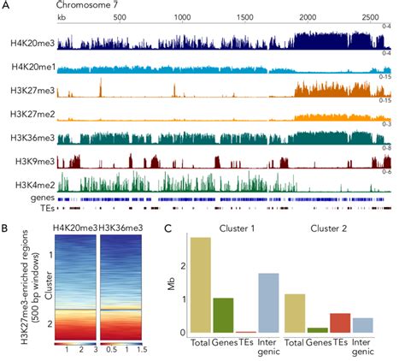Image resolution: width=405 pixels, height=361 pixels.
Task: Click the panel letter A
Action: pyautogui.click(x=6, y=6)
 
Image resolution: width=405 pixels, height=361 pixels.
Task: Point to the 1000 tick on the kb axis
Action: pyautogui.click(x=183, y=18)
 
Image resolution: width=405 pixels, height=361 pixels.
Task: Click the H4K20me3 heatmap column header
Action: pyautogui.click(x=73, y=227)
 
